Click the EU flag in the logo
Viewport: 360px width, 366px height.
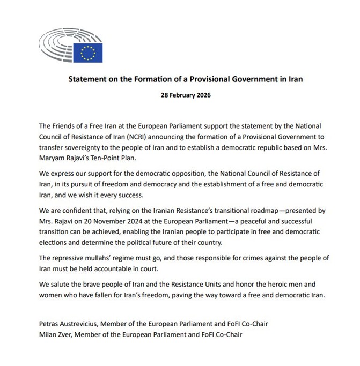[87, 51]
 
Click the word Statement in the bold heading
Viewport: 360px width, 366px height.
[89, 79]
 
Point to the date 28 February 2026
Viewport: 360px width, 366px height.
[180, 96]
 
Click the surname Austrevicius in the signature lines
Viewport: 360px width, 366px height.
[80, 324]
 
